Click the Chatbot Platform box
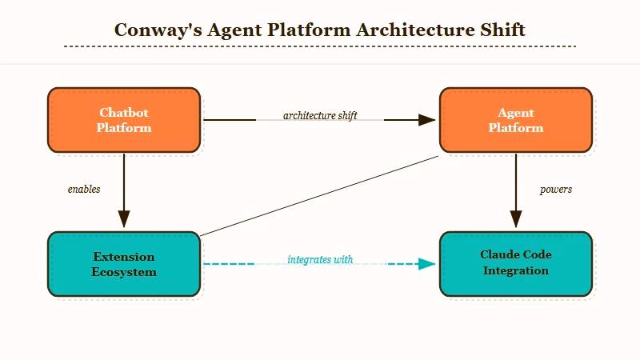point(124,120)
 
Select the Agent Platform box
point(516,120)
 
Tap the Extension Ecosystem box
point(124,264)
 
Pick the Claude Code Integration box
point(516,263)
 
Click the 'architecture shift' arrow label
point(320,115)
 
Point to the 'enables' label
point(84,190)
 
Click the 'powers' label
point(556,190)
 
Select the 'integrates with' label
point(320,260)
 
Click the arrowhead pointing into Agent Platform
point(426,120)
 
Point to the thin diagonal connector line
point(320,196)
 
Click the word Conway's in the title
point(157,30)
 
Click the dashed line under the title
point(320,46)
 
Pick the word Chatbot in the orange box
point(124,113)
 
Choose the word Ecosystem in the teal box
point(124,272)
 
